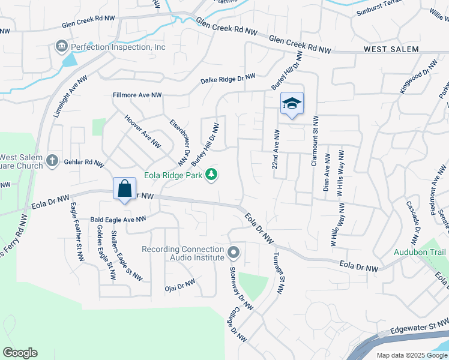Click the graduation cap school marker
pyautogui.click(x=292, y=104)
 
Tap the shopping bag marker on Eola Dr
pyautogui.click(x=124, y=189)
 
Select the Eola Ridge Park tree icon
pyautogui.click(x=211, y=175)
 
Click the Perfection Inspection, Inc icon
pyautogui.click(x=62, y=46)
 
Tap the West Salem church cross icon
pyautogui.click(x=52, y=160)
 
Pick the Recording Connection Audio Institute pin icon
pyautogui.click(x=234, y=252)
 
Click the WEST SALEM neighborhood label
pyautogui.click(x=391, y=49)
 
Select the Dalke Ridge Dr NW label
pyautogui.click(x=228, y=78)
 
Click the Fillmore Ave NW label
pyautogui.click(x=137, y=95)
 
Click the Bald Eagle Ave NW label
pyautogui.click(x=118, y=220)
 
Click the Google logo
pyautogui.click(x=20, y=353)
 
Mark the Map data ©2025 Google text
pyautogui.click(x=411, y=355)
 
